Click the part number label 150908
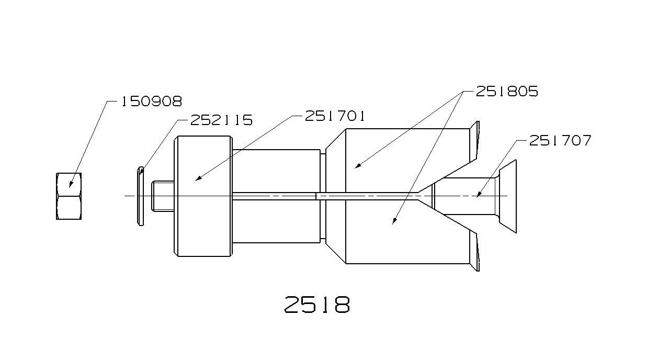point(152,102)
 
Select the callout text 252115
point(221,120)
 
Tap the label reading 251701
point(335,116)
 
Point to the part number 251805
point(507,92)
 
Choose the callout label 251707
point(560,140)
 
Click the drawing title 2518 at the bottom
point(317,305)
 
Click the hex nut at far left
point(69,196)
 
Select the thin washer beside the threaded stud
point(141,196)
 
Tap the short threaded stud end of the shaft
point(163,196)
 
